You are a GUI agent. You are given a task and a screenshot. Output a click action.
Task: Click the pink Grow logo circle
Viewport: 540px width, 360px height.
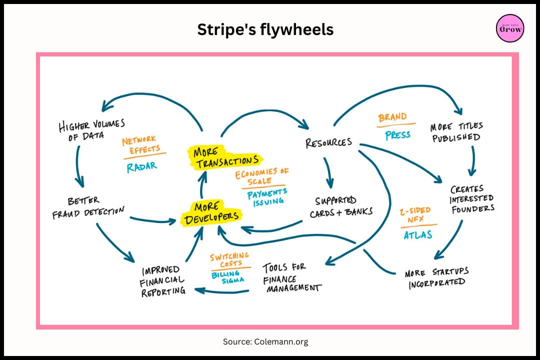pos(510,28)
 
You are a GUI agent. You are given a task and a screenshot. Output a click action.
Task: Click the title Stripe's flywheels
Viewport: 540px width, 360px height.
pos(265,29)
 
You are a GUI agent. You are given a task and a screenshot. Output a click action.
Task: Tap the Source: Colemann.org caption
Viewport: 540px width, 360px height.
pos(265,341)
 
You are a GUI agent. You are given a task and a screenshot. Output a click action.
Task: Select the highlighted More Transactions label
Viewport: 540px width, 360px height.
pos(225,157)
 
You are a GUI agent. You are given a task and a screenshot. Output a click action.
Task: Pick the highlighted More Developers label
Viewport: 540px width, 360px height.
pos(211,213)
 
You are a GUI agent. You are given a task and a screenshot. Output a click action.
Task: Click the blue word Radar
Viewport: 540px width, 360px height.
pos(141,167)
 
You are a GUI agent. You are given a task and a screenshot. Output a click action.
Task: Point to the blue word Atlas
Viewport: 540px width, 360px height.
pos(417,235)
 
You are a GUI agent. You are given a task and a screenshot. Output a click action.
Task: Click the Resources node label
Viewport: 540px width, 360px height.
pos(328,142)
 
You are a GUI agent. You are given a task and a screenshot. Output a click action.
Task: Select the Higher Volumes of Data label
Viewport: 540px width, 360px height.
pos(91,130)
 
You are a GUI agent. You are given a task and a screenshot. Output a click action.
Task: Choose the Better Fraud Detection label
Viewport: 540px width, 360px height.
pos(88,207)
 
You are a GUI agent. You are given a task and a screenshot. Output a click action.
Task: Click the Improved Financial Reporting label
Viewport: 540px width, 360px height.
pos(162,281)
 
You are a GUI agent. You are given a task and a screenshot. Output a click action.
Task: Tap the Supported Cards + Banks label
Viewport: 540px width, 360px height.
pos(341,206)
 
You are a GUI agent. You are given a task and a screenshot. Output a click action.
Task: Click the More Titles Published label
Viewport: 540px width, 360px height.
pos(456,132)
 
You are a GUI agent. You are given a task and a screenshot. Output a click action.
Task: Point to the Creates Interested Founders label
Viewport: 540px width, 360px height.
pos(472,199)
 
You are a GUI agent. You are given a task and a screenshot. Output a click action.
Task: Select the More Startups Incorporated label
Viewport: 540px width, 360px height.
pos(436,278)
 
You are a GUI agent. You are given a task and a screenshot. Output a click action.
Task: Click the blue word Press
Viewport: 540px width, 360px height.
pos(398,135)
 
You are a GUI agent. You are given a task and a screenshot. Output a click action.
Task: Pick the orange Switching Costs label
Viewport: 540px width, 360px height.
pos(229,259)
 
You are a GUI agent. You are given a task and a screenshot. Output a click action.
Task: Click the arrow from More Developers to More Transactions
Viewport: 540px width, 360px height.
pos(202,184)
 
